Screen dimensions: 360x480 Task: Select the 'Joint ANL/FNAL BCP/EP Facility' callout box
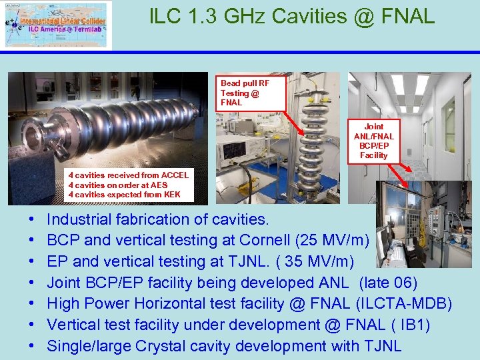point(373,141)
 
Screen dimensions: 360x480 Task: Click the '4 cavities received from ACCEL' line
point(128,175)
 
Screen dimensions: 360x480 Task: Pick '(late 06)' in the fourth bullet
point(388,283)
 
